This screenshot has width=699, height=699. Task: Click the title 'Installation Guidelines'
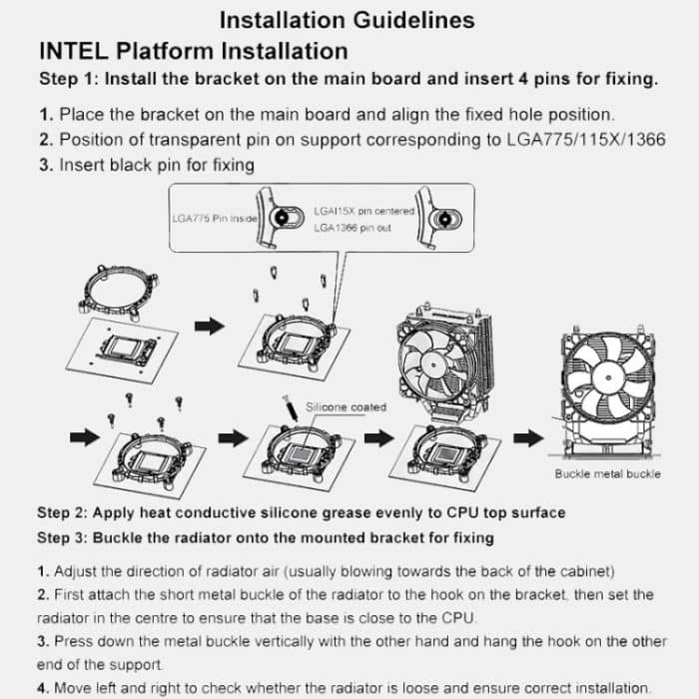[x=347, y=20]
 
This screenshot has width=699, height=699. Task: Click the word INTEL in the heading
[x=74, y=51]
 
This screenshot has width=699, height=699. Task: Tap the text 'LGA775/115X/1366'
[x=586, y=140]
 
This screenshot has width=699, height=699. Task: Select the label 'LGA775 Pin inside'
[x=215, y=219]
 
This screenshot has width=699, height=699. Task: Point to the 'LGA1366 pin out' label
[x=352, y=228]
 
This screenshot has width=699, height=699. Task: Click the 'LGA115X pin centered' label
[x=363, y=211]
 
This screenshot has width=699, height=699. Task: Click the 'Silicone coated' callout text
[x=346, y=407]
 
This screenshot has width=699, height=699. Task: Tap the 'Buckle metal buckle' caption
[x=607, y=474]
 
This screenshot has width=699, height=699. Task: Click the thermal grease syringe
[x=290, y=407]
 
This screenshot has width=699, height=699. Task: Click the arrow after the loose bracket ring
[x=210, y=327]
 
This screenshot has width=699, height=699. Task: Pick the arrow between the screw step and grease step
[x=233, y=438]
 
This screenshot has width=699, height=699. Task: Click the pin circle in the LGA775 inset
[x=282, y=218]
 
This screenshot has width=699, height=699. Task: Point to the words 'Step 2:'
[x=62, y=512]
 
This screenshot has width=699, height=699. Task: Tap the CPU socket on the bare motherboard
[x=128, y=349]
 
